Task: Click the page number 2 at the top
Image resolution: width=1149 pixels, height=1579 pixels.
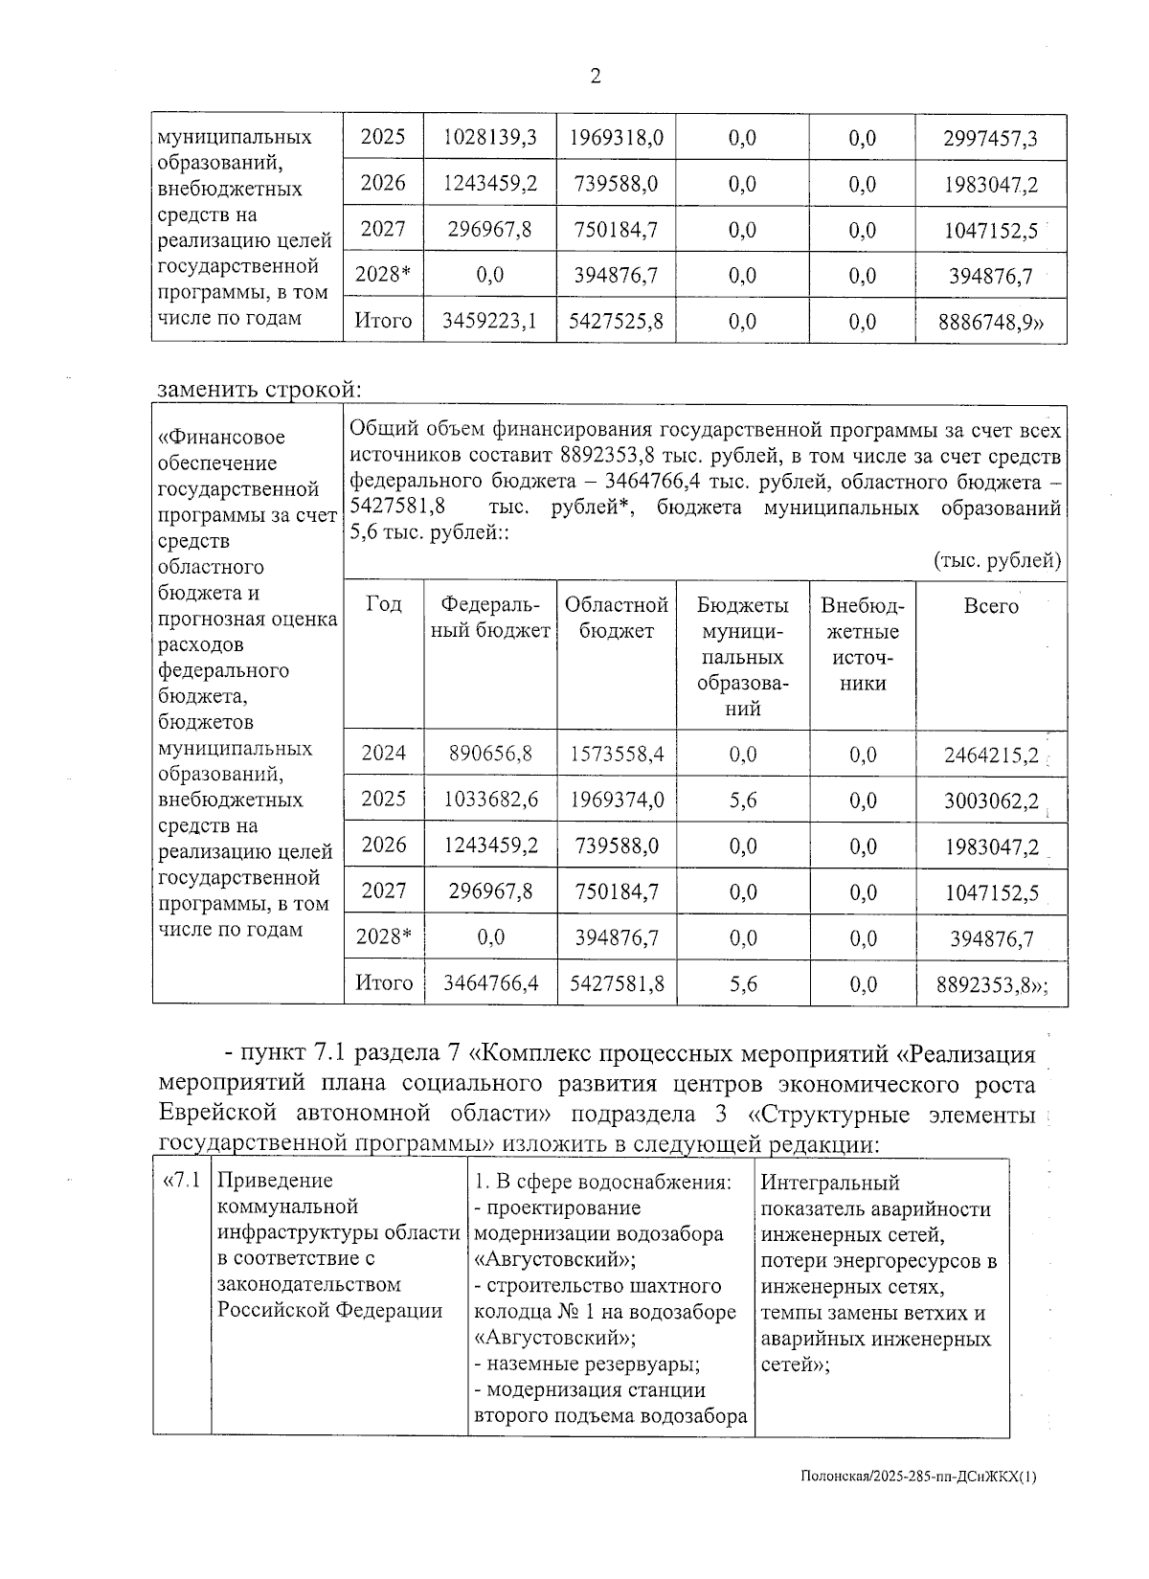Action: pyautogui.click(x=596, y=78)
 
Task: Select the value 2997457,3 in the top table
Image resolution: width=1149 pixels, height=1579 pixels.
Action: pyautogui.click(x=990, y=139)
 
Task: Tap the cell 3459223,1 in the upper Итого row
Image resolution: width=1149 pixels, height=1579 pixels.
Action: pyautogui.click(x=489, y=322)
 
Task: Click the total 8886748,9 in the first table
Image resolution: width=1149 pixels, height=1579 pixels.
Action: pyautogui.click(x=991, y=323)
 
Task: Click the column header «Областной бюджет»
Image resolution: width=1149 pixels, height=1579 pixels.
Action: pyautogui.click(x=616, y=618)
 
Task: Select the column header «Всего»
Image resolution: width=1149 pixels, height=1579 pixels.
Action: pyautogui.click(x=991, y=606)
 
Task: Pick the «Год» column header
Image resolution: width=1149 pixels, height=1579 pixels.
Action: pyautogui.click(x=383, y=604)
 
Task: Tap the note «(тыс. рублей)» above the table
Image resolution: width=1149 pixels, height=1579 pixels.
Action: pyautogui.click(x=997, y=561)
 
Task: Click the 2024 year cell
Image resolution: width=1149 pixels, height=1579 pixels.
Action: pyautogui.click(x=383, y=754)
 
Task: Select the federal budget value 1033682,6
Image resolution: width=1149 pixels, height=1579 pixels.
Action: pyautogui.click(x=490, y=800)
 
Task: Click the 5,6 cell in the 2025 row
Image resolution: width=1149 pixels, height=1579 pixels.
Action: pyautogui.click(x=742, y=800)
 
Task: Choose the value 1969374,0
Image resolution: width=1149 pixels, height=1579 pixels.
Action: pyautogui.click(x=617, y=800)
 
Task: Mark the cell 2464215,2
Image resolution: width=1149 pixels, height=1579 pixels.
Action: pyautogui.click(x=991, y=756)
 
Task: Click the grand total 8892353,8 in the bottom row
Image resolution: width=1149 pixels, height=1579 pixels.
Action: pyautogui.click(x=991, y=984)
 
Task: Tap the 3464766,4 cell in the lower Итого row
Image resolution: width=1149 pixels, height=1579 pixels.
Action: pyautogui.click(x=490, y=983)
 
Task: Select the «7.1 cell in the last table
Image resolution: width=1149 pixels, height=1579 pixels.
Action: pyautogui.click(x=182, y=1181)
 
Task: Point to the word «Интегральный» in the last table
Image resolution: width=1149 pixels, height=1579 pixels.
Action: pyautogui.click(x=830, y=1184)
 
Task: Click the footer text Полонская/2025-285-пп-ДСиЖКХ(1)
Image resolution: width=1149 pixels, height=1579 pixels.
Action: pyautogui.click(x=918, y=1504)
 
